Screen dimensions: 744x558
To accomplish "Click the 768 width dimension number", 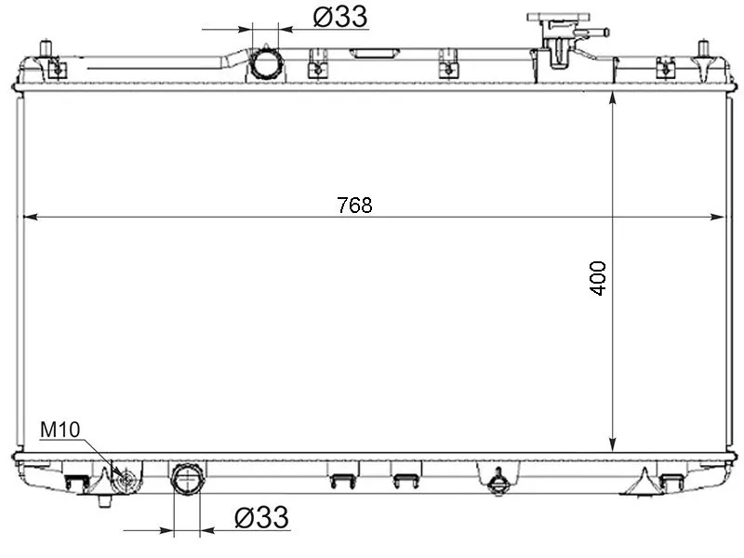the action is point(354,205).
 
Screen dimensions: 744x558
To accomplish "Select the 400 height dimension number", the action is point(598,278).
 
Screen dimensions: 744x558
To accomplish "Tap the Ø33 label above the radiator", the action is point(340,17).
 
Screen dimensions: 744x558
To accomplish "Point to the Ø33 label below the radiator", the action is point(261,517).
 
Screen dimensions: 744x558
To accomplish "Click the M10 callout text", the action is point(60,430).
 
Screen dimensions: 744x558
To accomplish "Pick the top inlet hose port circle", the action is point(266,63).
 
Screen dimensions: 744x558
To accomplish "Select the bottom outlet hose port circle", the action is point(188,480).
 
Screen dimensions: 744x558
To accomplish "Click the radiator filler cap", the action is point(559,18).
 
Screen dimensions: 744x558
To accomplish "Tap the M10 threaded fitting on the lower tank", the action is point(126,480).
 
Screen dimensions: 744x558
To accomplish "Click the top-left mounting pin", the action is point(46,49).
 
